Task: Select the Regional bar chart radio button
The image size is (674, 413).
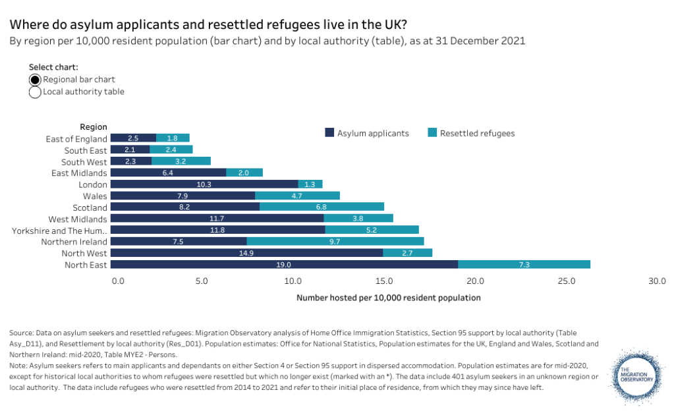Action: (35, 80)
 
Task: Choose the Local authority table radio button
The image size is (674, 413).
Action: (35, 92)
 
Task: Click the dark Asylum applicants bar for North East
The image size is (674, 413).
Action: (284, 265)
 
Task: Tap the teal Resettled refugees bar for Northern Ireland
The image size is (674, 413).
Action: (335, 242)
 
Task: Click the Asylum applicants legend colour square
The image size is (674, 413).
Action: (329, 133)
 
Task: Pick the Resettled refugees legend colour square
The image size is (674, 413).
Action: (432, 133)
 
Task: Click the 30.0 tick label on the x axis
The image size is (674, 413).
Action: (657, 281)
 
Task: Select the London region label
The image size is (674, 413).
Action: (92, 185)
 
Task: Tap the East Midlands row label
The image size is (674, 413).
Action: (79, 173)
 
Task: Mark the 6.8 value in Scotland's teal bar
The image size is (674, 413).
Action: (322, 207)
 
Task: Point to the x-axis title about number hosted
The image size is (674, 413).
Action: (389, 298)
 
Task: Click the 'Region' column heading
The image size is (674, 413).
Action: (94, 127)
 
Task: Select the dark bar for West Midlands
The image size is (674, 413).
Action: (217, 219)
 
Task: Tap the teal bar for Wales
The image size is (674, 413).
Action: (297, 196)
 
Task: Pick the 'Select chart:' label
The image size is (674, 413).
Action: (53, 67)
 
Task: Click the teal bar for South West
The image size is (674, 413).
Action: (181, 162)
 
